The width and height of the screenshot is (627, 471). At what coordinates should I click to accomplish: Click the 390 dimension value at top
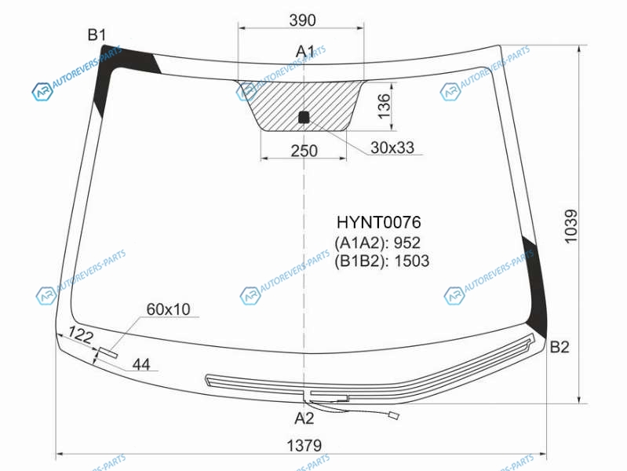pyautogui.click(x=302, y=20)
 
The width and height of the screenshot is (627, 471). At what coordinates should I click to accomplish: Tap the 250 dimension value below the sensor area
pyautogui.click(x=304, y=151)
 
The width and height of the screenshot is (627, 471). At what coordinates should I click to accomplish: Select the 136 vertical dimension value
pyautogui.click(x=384, y=106)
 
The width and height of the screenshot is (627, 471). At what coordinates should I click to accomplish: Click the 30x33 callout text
pyautogui.click(x=392, y=148)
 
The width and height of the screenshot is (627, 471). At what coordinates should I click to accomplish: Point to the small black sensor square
pyautogui.click(x=304, y=117)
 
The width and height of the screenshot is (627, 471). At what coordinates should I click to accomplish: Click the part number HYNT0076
pyautogui.click(x=379, y=222)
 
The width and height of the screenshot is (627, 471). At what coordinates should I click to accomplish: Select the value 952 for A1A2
pyautogui.click(x=407, y=243)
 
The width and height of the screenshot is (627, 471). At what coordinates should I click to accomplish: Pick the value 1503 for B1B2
pyautogui.click(x=412, y=261)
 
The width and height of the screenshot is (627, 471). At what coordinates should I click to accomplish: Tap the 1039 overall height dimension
pyautogui.click(x=570, y=226)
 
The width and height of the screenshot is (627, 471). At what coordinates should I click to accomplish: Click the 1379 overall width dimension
pyautogui.click(x=304, y=445)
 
